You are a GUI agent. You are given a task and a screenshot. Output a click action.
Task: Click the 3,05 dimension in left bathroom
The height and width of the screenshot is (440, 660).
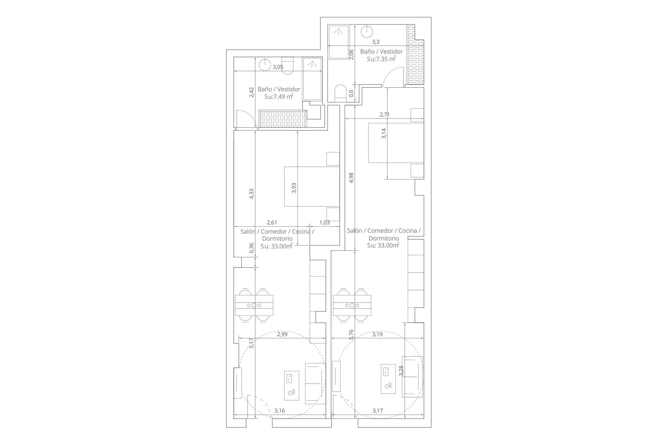point(278,67)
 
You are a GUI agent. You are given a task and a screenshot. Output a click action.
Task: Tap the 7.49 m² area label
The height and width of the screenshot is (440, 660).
point(278,97)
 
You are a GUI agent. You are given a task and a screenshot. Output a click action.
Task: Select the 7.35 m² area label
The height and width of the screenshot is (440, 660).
point(381,59)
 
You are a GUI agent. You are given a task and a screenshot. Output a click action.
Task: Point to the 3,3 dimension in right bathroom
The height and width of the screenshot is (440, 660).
point(376,42)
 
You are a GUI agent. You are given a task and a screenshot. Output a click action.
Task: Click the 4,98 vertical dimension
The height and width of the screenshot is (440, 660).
point(351,178)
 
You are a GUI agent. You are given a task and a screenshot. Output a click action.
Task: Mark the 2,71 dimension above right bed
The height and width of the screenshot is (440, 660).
point(384,114)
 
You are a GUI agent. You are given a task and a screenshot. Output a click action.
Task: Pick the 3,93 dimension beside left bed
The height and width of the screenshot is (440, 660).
point(294,188)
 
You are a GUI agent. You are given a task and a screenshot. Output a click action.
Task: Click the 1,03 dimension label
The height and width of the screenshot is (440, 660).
point(324,222)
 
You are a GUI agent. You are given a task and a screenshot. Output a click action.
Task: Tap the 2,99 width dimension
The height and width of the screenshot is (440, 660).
point(282,334)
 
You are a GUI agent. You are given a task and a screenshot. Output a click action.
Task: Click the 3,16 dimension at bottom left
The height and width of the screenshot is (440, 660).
point(279,410)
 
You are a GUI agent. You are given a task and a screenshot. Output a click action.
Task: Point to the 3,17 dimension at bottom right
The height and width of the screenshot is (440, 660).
point(377,410)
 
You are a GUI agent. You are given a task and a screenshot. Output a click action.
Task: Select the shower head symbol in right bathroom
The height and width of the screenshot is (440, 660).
point(339,32)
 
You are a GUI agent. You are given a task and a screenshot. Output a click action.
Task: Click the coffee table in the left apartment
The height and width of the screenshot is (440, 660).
point(291,385)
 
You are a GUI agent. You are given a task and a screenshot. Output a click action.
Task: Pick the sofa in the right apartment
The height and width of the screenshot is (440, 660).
point(412,376)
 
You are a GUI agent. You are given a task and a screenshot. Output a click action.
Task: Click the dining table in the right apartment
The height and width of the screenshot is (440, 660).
point(352,305)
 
